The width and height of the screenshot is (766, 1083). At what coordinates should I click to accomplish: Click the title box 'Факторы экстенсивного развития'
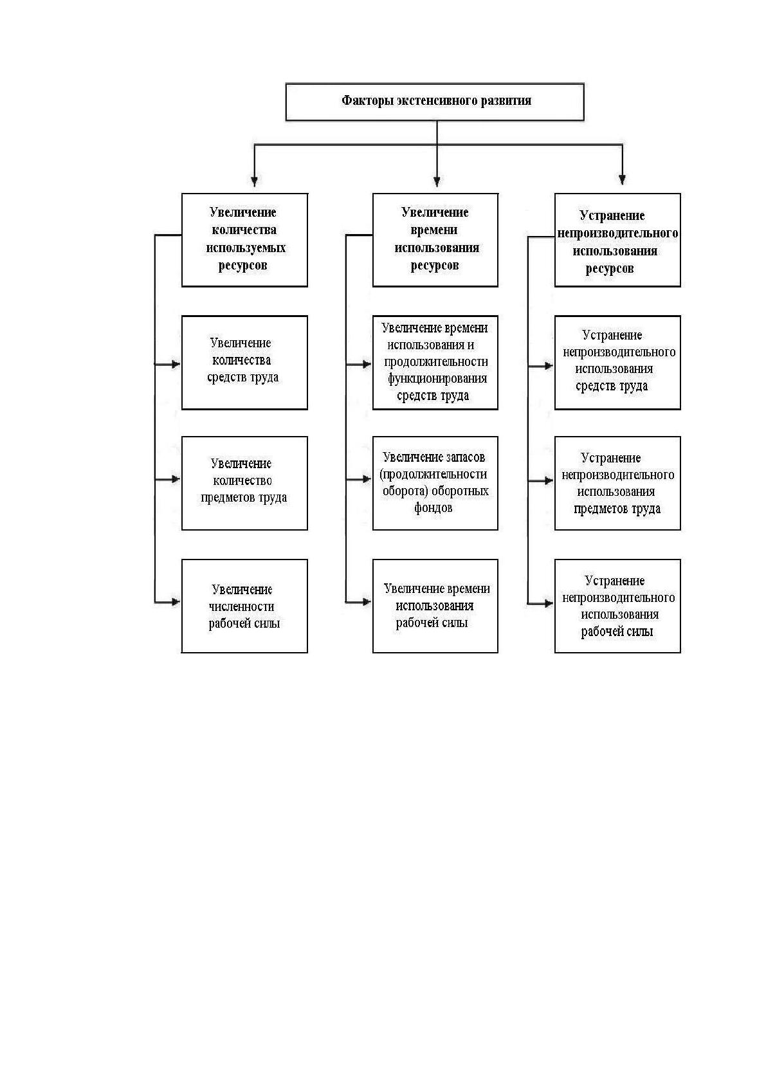coord(435,102)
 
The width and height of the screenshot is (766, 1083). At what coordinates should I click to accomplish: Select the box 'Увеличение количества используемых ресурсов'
coord(244,240)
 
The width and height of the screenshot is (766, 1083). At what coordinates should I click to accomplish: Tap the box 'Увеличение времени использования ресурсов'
coord(435,240)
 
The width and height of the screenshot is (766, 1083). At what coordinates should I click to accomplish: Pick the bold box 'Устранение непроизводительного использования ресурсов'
coord(617,240)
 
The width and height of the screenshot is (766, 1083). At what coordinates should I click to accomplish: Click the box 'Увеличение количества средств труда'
coord(244,363)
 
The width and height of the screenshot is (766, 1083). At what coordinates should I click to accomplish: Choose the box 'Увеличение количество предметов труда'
coord(244,483)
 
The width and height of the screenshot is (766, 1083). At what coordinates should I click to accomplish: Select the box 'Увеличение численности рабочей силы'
coord(244,606)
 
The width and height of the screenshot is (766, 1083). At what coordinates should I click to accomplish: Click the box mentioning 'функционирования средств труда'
coord(435,363)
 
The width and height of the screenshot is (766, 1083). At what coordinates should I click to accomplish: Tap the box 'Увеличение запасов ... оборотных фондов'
coord(435,483)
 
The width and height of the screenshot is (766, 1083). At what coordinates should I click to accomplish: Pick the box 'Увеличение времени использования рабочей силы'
coord(435,606)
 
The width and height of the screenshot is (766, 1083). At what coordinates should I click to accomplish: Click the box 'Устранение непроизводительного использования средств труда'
coord(617,363)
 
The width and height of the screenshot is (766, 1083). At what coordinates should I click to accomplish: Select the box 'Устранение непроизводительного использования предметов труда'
coord(617,483)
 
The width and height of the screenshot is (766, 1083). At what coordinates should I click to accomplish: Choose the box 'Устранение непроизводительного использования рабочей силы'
coord(617,606)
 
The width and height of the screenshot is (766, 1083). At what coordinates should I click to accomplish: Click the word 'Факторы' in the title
coord(367,100)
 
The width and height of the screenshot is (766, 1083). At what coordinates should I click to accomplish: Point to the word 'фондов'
coord(433,507)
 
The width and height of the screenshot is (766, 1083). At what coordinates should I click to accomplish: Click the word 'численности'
coord(241,606)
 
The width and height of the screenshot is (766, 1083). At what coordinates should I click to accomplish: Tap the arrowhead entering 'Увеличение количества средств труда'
coord(176,364)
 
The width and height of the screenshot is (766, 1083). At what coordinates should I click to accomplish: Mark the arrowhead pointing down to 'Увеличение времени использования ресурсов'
coord(437,181)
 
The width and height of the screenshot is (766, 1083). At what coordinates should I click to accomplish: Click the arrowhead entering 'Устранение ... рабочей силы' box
coord(549,603)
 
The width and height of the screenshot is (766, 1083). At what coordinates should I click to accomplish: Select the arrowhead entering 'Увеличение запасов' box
coord(367,479)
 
